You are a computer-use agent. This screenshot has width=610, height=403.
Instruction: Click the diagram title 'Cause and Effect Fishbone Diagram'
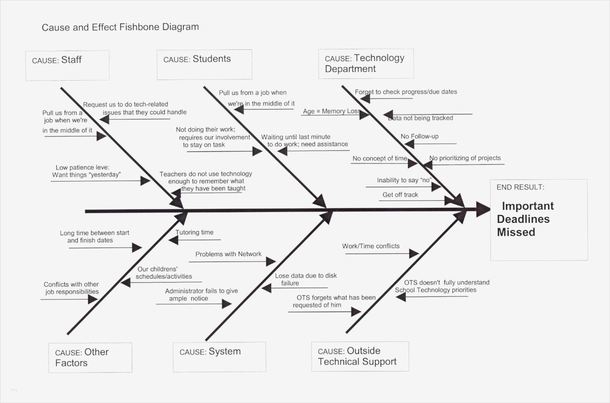(120, 27)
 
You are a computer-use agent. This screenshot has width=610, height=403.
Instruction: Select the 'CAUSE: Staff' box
(67, 65)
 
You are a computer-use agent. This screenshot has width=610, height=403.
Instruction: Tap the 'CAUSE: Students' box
(204, 64)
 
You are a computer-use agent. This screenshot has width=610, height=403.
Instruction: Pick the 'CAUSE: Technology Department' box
(366, 64)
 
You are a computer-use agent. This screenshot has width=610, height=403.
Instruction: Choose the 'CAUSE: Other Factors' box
(90, 357)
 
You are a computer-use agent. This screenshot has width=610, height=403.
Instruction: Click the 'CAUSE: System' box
(219, 357)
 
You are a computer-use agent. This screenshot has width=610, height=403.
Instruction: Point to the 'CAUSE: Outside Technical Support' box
(360, 356)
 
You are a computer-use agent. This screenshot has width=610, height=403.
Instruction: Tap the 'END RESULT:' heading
(520, 187)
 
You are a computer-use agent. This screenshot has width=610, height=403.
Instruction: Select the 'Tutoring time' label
(194, 232)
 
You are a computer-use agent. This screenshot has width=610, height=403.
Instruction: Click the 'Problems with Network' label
(228, 254)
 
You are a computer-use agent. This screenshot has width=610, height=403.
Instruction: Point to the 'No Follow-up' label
(419, 136)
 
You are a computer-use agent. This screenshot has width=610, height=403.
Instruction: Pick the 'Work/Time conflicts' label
(371, 246)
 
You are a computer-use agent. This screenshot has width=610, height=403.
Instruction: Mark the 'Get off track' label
(400, 195)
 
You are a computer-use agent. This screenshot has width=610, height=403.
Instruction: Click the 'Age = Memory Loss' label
(331, 111)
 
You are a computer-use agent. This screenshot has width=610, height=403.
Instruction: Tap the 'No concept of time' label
(380, 158)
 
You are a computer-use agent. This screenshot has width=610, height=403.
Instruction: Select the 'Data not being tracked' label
(421, 118)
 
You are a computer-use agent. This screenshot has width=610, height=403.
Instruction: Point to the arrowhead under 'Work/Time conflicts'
(414, 253)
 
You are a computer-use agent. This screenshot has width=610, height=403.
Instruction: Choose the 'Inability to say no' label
(404, 180)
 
